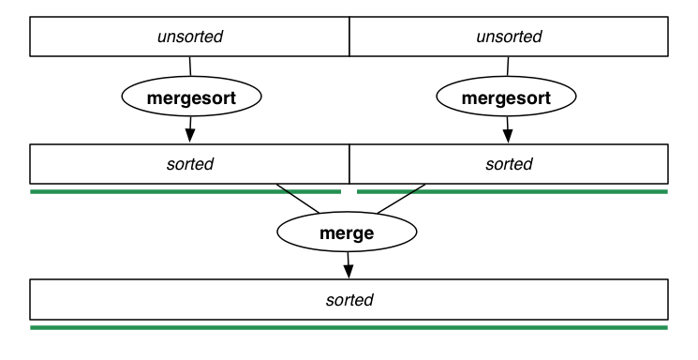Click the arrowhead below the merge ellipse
(x=349, y=271)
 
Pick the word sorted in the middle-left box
(x=190, y=164)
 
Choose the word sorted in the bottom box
(x=349, y=300)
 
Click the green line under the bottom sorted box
(x=349, y=327)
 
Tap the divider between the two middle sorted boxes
(x=349, y=164)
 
